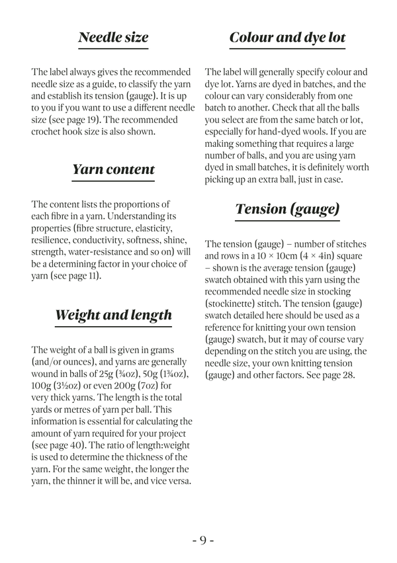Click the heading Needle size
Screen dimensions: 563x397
113,38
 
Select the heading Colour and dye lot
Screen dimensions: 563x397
287,38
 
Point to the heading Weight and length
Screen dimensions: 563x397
113,315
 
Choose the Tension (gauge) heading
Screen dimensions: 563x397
287,210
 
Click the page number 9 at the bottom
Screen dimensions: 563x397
199,541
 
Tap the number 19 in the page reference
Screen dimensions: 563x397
94,120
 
